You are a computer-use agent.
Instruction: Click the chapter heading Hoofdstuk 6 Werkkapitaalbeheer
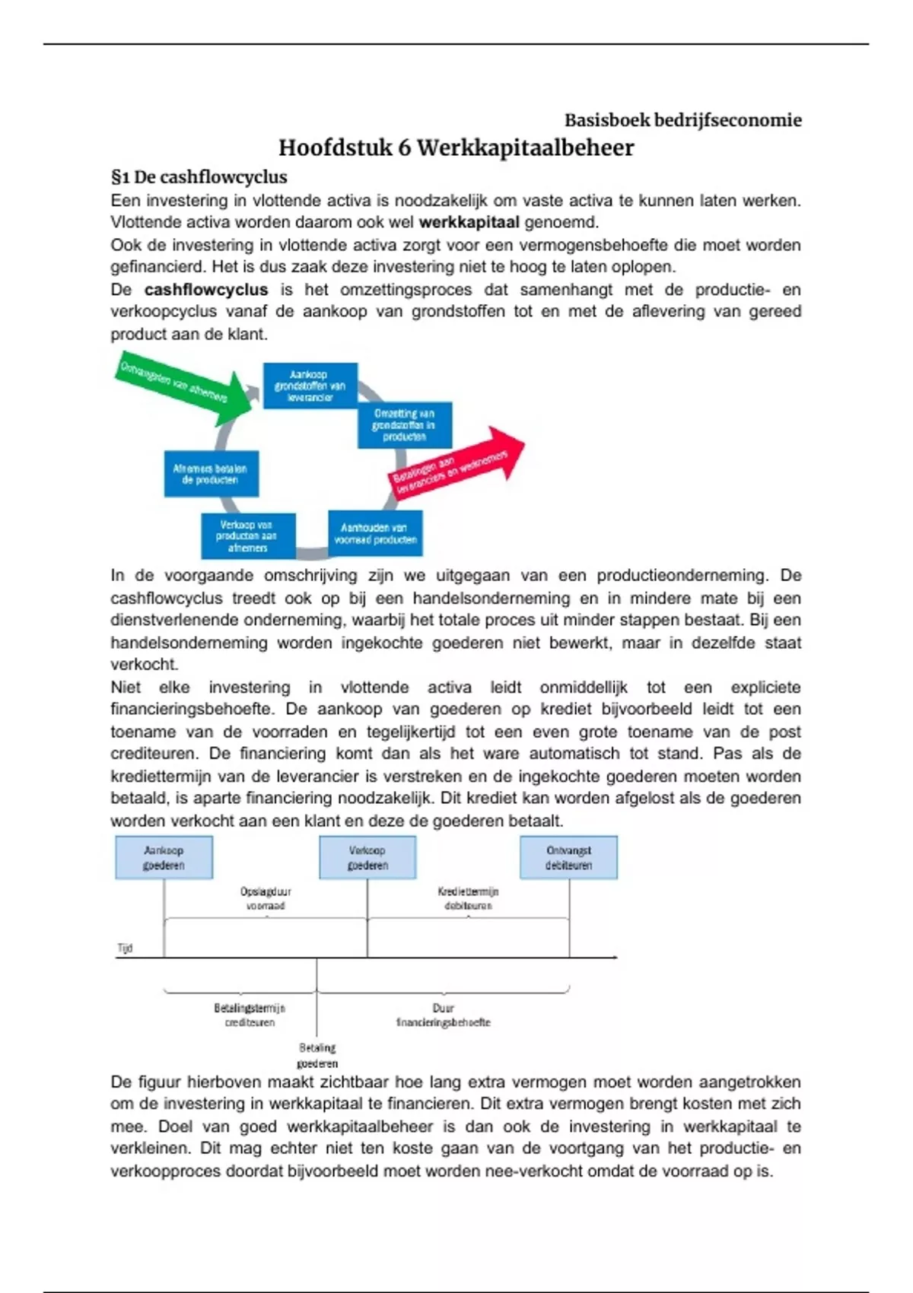[x=456, y=148]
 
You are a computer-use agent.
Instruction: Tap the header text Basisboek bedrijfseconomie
[x=682, y=120]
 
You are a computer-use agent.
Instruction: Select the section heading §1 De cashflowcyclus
[x=199, y=177]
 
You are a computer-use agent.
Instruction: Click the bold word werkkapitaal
[x=469, y=222]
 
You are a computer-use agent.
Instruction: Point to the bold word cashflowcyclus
[x=205, y=290]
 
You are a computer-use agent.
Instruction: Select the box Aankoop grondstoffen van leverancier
[x=310, y=386]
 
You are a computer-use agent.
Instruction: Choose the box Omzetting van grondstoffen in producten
[x=404, y=425]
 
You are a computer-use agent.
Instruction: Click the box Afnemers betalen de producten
[x=211, y=474]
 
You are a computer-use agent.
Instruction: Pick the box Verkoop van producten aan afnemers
[x=247, y=536]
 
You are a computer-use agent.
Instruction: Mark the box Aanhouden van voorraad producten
[x=375, y=533]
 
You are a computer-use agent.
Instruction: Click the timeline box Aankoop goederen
[x=164, y=858]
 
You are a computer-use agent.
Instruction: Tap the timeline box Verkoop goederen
[x=367, y=858]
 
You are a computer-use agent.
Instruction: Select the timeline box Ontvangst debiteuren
[x=568, y=858]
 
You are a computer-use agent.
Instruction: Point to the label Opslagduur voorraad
[x=266, y=898]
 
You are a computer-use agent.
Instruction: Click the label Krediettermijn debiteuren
[x=468, y=898]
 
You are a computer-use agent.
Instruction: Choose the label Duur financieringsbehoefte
[x=443, y=1015]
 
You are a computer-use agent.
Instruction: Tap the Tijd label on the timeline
[x=125, y=948]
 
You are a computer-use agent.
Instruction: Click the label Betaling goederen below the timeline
[x=317, y=1056]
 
